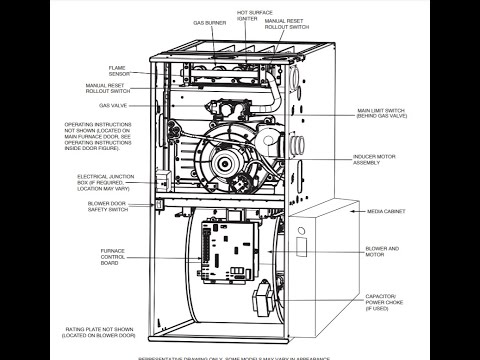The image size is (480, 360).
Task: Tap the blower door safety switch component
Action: point(157,204)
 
